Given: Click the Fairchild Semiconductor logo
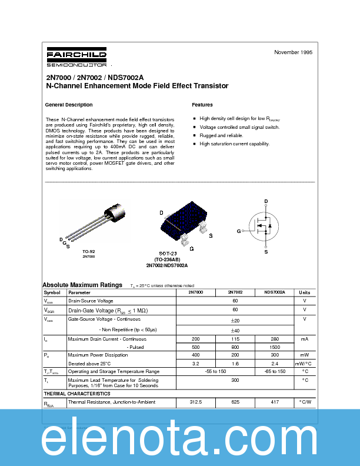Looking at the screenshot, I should [76, 58].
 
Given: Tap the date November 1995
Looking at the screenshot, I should [293, 52].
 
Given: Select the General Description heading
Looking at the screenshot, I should [69, 105].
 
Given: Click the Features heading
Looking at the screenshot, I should [202, 105].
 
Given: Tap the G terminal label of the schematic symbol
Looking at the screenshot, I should [239, 231].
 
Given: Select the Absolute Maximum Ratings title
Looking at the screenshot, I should [82, 284].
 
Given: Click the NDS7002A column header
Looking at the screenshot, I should [274, 292].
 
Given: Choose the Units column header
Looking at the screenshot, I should [304, 292].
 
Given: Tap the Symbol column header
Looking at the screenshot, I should [52, 292].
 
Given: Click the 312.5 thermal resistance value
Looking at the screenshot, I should [196, 402].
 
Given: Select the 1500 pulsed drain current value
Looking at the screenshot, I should [274, 347].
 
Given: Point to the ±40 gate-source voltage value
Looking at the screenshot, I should [235, 330].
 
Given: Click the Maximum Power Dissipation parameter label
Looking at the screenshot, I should [98, 355].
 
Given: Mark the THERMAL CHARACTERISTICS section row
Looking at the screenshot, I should [77, 393].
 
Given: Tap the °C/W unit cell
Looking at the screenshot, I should [305, 402].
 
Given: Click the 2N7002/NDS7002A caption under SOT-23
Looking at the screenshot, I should [166, 265].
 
